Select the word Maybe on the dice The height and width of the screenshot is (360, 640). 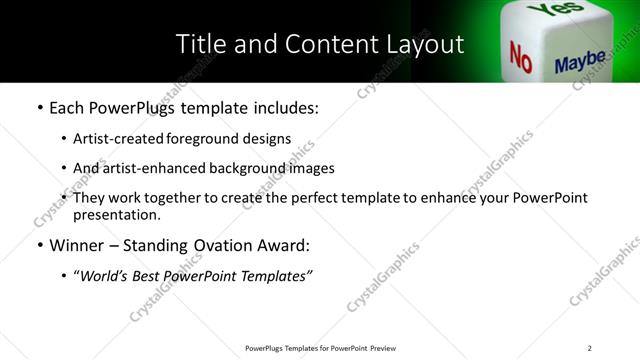580,63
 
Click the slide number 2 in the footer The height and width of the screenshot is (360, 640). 589,348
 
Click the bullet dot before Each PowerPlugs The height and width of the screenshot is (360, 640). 39,107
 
